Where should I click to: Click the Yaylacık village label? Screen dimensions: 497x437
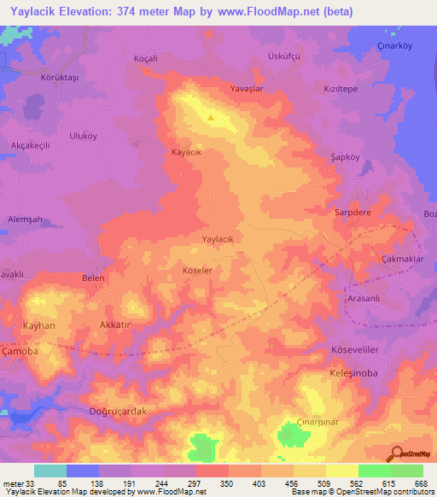(x=223, y=240)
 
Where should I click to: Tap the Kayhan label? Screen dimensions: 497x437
(x=39, y=326)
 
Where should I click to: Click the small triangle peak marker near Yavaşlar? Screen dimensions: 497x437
(x=213, y=117)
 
